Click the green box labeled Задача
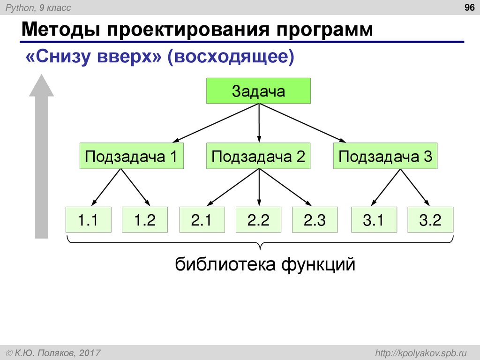point(258,91)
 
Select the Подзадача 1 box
point(131,156)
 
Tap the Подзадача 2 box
point(258,156)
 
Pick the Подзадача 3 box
point(385,156)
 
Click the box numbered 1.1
point(89,219)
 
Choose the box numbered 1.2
point(145,219)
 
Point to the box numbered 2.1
point(202,219)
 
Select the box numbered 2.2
point(258,219)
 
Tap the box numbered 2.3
point(315,219)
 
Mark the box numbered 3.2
point(430,219)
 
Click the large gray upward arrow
point(42,159)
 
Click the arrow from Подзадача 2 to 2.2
point(259,187)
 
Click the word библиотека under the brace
point(225,265)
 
